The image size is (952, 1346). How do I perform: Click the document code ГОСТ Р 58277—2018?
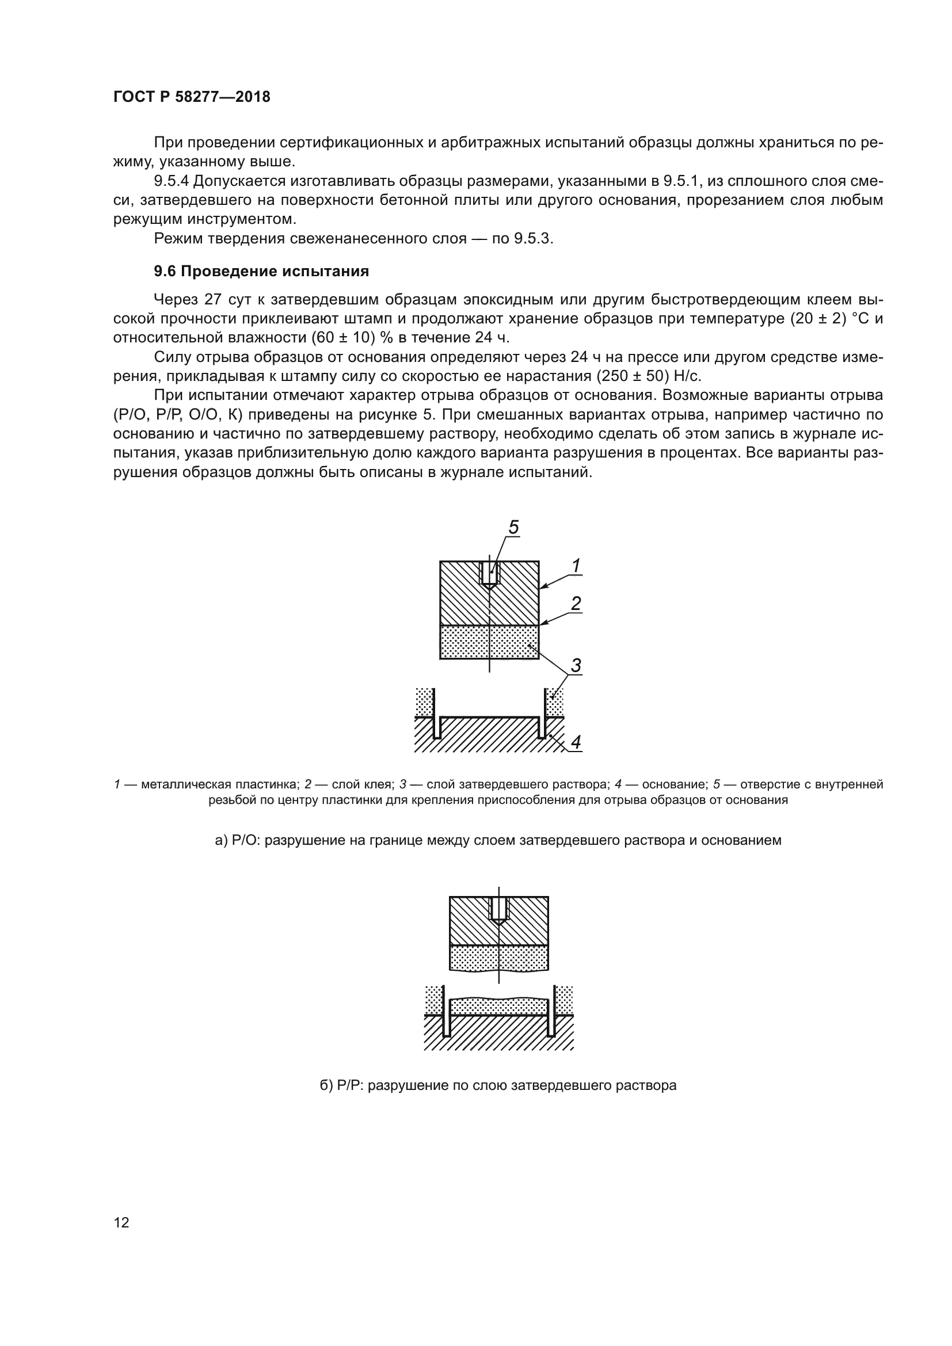[192, 97]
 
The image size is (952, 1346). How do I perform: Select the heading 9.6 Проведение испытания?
[261, 272]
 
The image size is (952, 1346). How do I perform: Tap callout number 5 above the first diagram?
[513, 528]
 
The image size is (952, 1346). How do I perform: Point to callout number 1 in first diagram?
[576, 566]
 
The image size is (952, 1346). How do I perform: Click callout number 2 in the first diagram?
[576, 603]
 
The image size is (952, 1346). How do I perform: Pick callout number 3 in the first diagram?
[576, 665]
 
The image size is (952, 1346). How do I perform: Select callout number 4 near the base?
[576, 742]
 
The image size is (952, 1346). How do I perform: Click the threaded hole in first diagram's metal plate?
[489, 573]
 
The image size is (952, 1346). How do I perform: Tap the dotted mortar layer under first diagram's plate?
[489, 643]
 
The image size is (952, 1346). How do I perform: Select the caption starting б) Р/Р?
[498, 1085]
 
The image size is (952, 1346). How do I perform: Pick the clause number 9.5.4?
[171, 181]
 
